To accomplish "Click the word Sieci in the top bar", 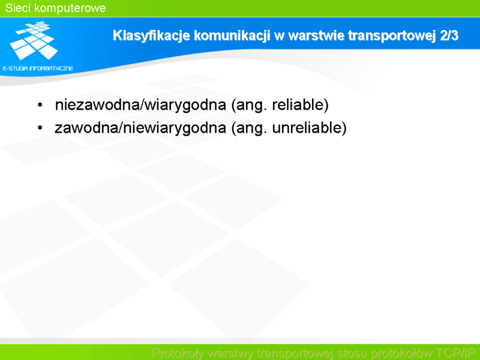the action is (x=18, y=8).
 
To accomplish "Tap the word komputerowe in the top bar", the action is (x=70, y=8).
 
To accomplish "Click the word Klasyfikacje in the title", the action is (x=151, y=36).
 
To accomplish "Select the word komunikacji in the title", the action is (x=232, y=36).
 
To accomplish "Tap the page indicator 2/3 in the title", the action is (x=449, y=35).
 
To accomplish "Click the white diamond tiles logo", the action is (x=34, y=40).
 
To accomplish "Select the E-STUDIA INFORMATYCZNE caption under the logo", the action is (x=38, y=68).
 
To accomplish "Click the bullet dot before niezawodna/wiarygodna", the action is (x=40, y=105).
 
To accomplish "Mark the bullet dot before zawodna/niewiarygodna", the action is (x=40, y=128).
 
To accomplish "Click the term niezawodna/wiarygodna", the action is (x=140, y=105).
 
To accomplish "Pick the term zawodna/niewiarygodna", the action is (x=140, y=128).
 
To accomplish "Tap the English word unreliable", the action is (x=309, y=128).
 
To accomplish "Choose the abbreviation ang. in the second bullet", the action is (x=249, y=128).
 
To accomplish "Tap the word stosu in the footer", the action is (x=352, y=353).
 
